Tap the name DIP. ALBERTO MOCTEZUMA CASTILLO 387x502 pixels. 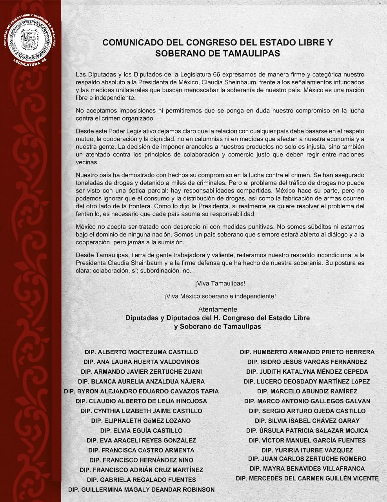[141, 352]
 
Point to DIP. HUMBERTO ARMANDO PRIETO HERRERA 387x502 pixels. [307, 352]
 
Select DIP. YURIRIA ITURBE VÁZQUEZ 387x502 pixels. [307, 450]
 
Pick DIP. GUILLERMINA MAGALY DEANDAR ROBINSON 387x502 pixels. [141, 489]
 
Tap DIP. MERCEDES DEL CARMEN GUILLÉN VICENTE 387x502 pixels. [307, 478]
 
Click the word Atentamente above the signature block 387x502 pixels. [218, 309]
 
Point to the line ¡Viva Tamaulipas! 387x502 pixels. [217, 283]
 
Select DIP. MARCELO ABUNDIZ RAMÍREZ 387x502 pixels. [307, 391]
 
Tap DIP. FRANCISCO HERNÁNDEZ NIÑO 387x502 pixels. [141, 460]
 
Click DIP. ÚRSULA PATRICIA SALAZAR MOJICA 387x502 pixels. [307, 431]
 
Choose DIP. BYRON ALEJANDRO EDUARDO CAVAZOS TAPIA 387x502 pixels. [141, 391]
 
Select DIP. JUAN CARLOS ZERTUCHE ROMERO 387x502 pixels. [307, 458]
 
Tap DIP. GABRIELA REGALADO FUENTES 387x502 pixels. [141, 480]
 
